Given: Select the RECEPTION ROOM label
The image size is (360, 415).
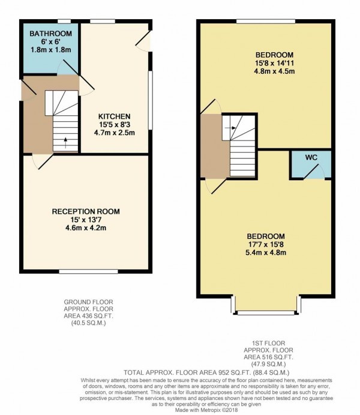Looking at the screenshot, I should tap(85, 211).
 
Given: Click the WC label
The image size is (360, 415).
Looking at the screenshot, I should tap(311, 157).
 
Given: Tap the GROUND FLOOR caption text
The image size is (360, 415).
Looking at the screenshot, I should tap(88, 302).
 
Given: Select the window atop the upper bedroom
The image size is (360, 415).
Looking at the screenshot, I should tap(265, 22).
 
